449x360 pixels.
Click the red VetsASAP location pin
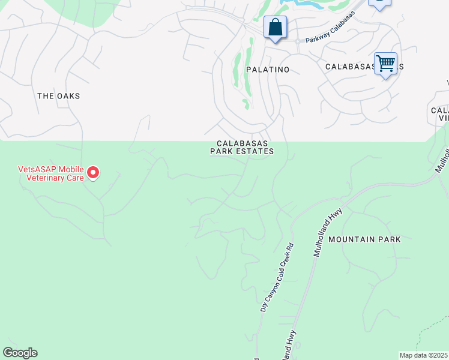click(x=93, y=173)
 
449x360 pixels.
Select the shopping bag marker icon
click(x=275, y=28)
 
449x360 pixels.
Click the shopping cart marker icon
click(x=385, y=63)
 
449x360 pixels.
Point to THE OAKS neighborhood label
click(x=58, y=96)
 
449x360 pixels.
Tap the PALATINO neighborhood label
click(x=268, y=70)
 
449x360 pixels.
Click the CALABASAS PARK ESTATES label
click(x=242, y=148)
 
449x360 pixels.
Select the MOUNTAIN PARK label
click(x=364, y=239)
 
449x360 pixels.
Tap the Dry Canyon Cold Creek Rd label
click(x=276, y=277)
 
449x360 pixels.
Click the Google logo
click(x=20, y=353)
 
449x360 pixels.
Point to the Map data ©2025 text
click(x=424, y=355)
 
